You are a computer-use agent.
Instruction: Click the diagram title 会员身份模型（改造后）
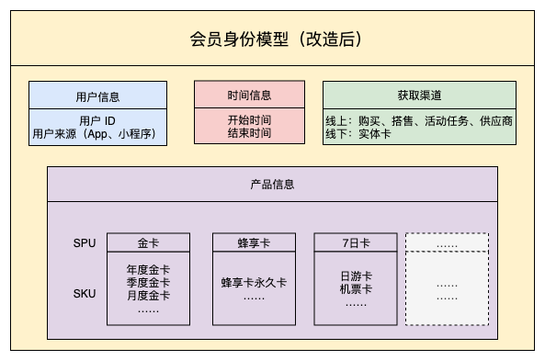(273, 39)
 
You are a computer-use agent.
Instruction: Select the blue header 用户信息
(97, 96)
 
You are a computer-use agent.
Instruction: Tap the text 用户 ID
(97, 119)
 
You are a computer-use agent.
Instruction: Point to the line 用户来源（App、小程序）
(97, 134)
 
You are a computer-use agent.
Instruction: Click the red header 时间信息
(249, 96)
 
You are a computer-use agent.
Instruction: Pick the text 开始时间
(249, 119)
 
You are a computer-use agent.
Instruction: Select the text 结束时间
(249, 134)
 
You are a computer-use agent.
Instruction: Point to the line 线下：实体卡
(361, 134)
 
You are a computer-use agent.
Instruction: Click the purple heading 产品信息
(272, 184)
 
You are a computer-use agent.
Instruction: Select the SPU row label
(84, 243)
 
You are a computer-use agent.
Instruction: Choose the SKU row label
(84, 294)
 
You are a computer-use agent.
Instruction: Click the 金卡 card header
(148, 244)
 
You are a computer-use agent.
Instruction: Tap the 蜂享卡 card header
(254, 244)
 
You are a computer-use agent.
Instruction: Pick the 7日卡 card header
(355, 244)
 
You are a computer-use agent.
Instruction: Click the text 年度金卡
(148, 270)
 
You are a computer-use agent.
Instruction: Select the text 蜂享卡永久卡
(254, 283)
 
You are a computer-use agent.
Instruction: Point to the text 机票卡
(355, 288)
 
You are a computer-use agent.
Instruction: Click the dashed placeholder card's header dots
(448, 244)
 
